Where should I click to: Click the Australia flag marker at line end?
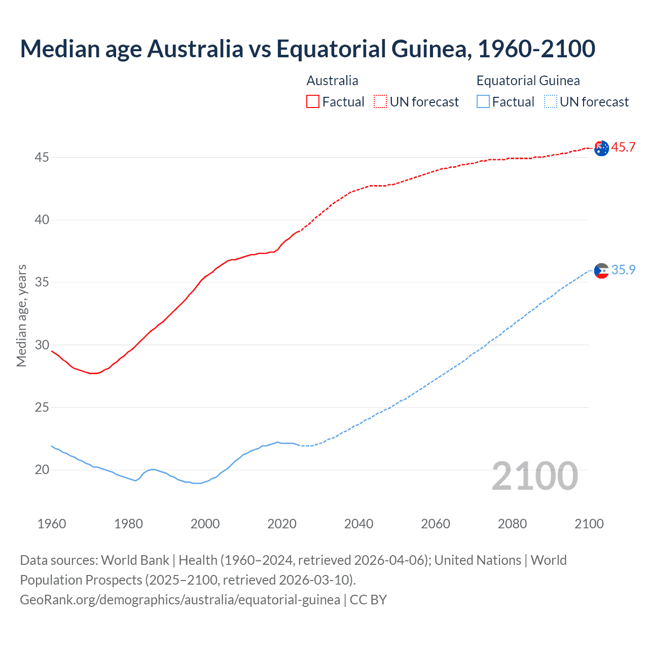(601, 149)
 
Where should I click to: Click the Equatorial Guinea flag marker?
(601, 271)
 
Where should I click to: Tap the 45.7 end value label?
(623, 148)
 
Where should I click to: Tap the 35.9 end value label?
(623, 270)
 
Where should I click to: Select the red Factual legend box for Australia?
(313, 102)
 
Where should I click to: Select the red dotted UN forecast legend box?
(380, 102)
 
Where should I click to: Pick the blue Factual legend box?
(483, 102)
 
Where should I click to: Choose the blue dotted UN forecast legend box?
(550, 102)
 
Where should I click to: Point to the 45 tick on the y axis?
(42, 158)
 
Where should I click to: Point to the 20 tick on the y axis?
(42, 470)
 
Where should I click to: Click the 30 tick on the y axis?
(42, 345)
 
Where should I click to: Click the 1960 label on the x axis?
(52, 524)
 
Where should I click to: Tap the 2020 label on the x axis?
(282, 524)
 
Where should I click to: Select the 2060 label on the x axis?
(436, 524)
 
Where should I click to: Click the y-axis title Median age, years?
(21, 315)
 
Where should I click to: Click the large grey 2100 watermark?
(535, 476)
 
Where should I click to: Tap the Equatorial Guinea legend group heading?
(528, 81)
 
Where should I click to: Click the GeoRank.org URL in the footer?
(180, 600)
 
